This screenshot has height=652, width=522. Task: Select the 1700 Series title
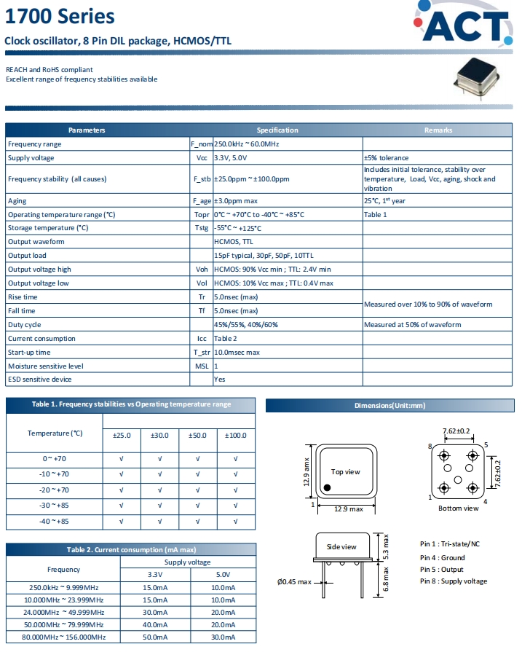tap(50, 16)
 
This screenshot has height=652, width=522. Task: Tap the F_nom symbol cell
tap(201, 144)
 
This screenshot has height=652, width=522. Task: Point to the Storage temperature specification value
tap(238, 228)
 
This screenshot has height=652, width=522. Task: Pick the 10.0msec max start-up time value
tap(237, 353)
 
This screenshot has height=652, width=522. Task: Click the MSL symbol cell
tap(202, 366)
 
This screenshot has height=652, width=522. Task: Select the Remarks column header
tap(438, 130)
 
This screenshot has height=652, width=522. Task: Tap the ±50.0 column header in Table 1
tap(198, 435)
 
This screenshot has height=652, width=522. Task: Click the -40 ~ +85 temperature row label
tap(55, 522)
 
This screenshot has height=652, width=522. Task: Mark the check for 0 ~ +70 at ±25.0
tap(122, 459)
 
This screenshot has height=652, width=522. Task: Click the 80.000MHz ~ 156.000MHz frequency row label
tap(63, 637)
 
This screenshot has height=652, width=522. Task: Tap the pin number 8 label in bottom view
tap(430, 445)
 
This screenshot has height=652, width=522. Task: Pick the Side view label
tap(342, 546)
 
